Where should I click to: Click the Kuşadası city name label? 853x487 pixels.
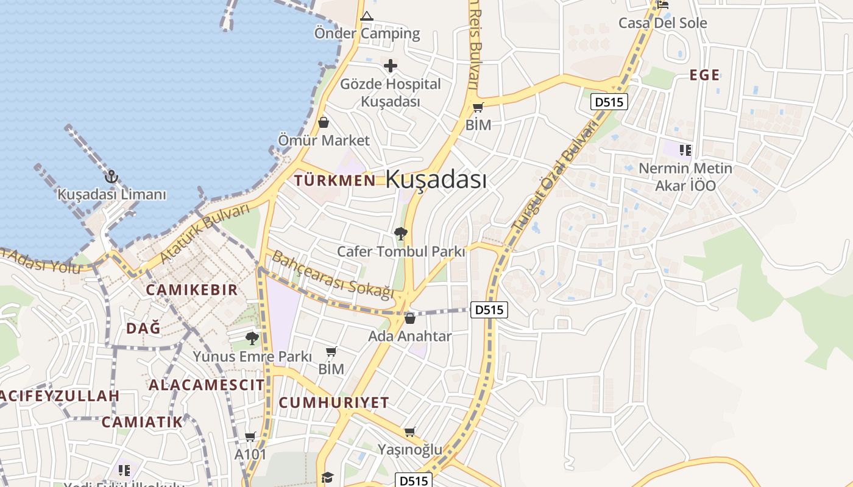click(x=436, y=180)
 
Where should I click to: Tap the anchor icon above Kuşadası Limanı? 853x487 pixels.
click(x=111, y=177)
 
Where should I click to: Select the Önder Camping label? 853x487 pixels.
click(x=367, y=33)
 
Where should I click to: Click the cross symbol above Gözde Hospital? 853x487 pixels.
click(x=391, y=66)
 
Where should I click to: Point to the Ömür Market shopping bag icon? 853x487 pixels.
click(x=324, y=122)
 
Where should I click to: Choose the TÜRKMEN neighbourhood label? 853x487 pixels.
click(x=334, y=180)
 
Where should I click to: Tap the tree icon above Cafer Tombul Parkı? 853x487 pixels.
click(x=401, y=233)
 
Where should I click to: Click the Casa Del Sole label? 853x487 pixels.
click(x=662, y=23)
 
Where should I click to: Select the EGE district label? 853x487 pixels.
click(x=704, y=75)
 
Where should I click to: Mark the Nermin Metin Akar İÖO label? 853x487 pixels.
click(x=685, y=176)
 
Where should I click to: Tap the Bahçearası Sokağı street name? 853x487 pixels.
click(x=333, y=275)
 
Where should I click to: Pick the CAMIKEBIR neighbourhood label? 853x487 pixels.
click(x=191, y=290)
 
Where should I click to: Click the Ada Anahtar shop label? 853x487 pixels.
click(x=409, y=336)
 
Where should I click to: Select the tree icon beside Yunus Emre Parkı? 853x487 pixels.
click(x=252, y=338)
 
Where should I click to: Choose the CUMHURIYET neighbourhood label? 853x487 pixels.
click(x=333, y=402)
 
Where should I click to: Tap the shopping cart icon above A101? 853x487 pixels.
click(x=250, y=436)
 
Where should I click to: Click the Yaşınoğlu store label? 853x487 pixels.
click(x=409, y=450)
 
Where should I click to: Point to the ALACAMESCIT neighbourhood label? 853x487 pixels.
click(x=207, y=385)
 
